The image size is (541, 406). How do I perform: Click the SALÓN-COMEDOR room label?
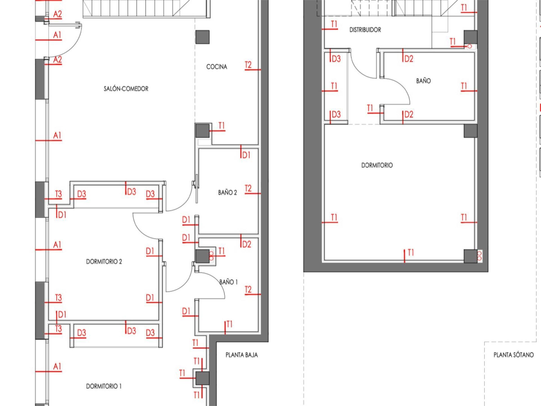(126, 89)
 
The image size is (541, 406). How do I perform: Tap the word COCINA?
(217, 67)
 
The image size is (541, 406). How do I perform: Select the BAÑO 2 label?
(227, 193)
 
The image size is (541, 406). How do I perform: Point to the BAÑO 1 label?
(229, 282)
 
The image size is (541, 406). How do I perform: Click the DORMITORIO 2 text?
(104, 262)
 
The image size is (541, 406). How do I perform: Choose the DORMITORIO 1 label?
(104, 386)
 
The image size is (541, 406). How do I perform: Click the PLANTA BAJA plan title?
(241, 355)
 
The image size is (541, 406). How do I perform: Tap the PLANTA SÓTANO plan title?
(513, 355)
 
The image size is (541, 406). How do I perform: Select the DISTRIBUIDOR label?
(365, 30)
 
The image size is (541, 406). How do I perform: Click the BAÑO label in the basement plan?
(424, 81)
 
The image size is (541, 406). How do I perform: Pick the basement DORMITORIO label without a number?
(377, 165)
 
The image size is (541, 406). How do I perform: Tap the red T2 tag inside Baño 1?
(248, 290)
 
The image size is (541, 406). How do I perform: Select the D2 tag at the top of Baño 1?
(247, 244)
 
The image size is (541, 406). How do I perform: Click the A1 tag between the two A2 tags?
(57, 35)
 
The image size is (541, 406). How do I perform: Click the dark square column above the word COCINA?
(202, 37)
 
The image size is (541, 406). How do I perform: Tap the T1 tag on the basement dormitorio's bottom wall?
(411, 253)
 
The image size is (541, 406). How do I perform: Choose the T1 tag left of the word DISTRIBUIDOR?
(334, 24)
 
